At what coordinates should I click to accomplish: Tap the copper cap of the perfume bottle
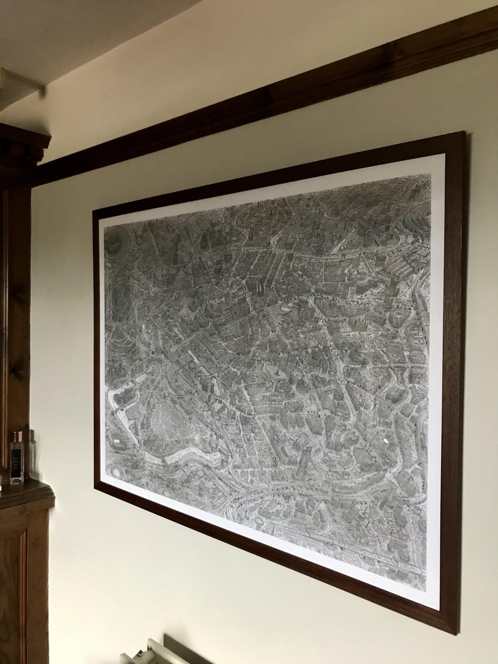[x=17, y=435]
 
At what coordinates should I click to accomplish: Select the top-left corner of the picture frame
[x=95, y=212]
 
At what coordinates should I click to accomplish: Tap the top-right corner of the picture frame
[x=464, y=133]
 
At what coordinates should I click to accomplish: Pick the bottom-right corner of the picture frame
[x=457, y=632]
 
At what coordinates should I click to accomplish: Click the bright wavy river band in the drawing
[x=183, y=456]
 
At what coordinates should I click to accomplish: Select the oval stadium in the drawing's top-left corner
[x=115, y=242]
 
